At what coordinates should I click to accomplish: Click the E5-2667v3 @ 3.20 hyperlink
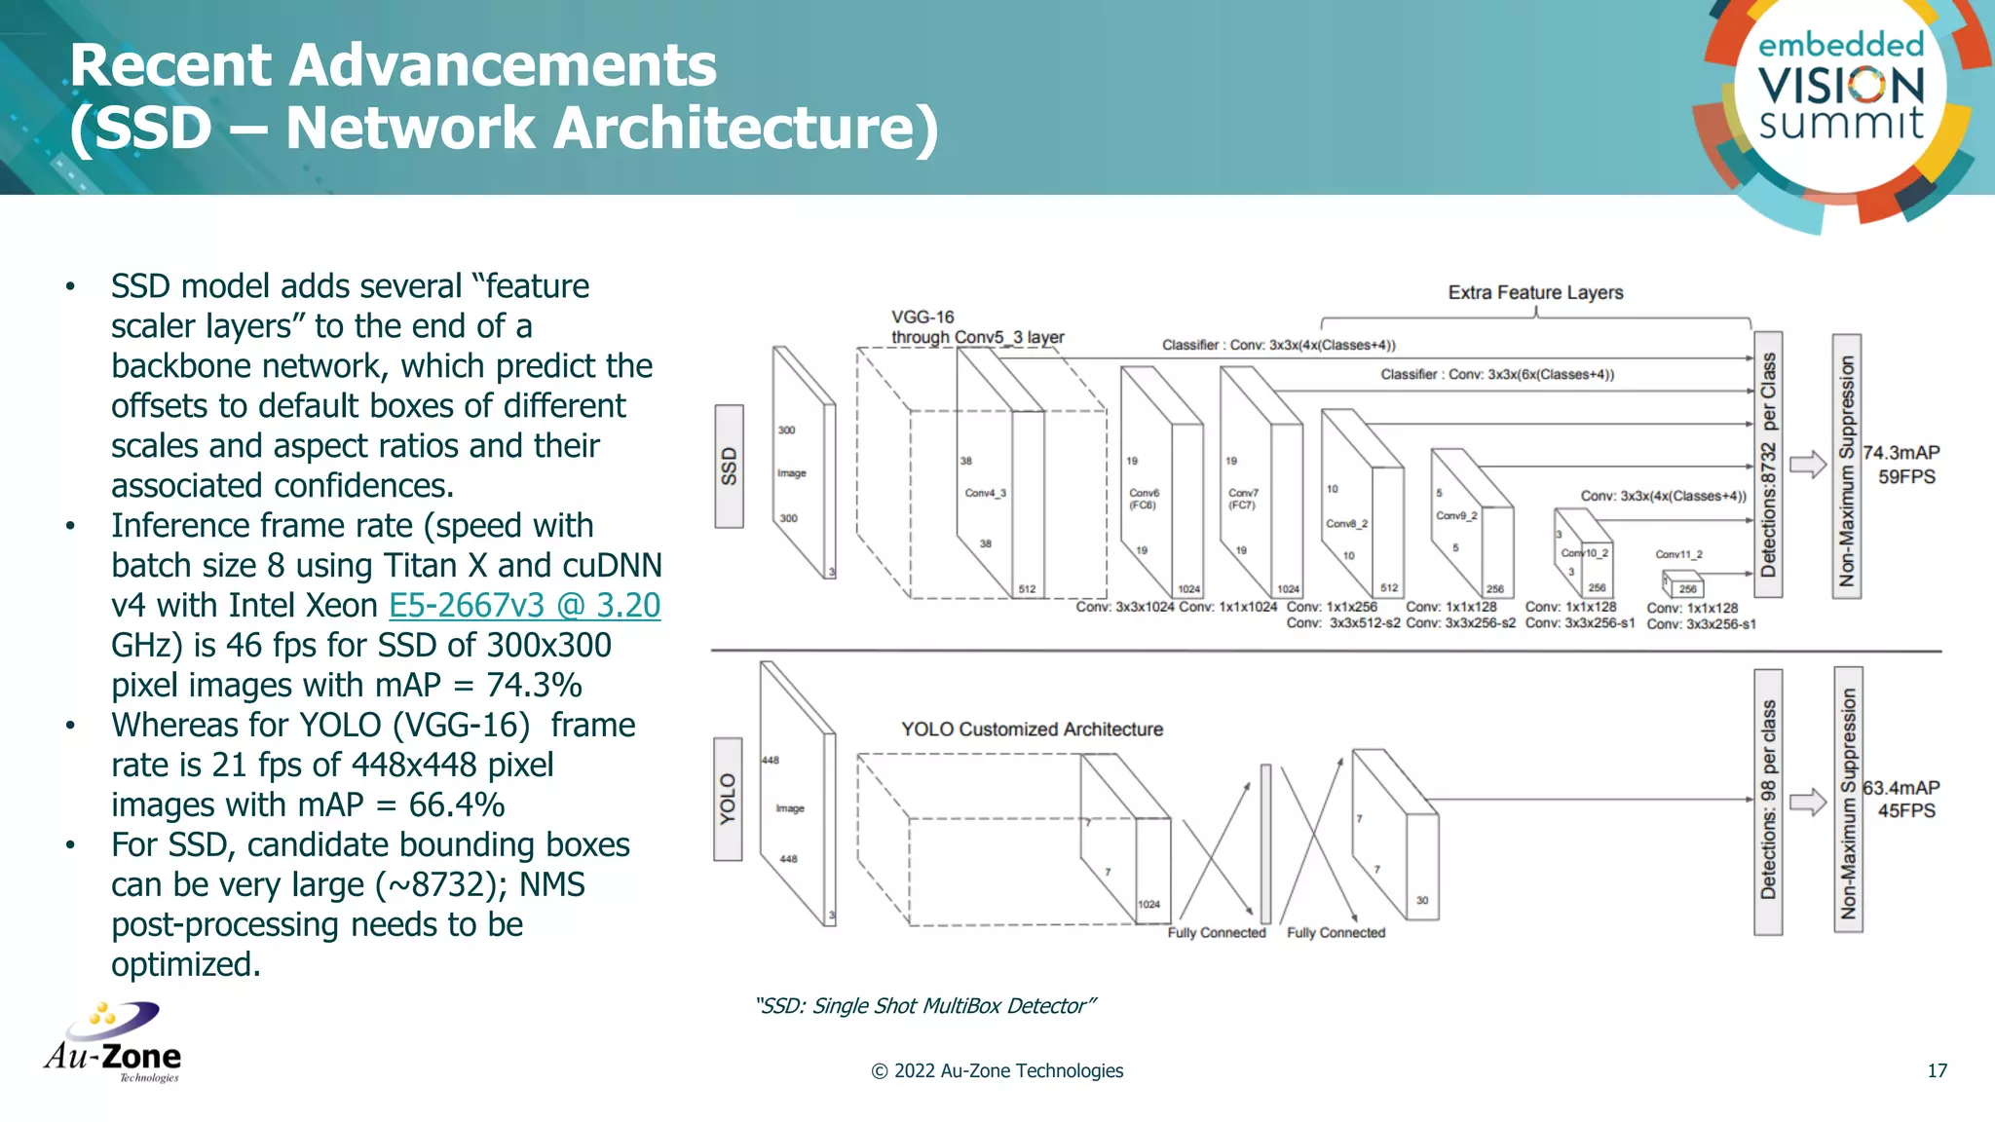(x=524, y=606)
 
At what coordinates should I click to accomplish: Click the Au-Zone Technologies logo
(x=113, y=1043)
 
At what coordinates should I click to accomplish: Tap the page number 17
(x=1937, y=1070)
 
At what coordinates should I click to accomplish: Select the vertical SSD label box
(x=729, y=467)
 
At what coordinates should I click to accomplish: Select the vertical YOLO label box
(x=728, y=800)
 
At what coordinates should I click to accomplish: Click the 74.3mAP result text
(x=1901, y=453)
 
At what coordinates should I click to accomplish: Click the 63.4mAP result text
(x=1901, y=787)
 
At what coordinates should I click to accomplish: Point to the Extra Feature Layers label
(x=1535, y=292)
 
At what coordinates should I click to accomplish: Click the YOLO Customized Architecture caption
(x=1032, y=729)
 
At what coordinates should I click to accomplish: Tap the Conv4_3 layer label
(x=985, y=493)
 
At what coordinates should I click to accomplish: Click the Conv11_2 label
(x=1678, y=554)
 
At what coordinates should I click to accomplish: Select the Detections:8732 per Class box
(x=1768, y=466)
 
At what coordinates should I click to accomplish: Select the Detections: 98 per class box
(x=1768, y=802)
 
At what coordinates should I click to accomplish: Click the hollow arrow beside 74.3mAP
(x=1808, y=465)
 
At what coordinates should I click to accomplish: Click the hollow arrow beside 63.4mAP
(x=1808, y=803)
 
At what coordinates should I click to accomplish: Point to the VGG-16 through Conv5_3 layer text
(x=977, y=327)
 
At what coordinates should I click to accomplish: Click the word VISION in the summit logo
(x=1841, y=86)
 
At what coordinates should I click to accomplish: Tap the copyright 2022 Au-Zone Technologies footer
(x=997, y=1070)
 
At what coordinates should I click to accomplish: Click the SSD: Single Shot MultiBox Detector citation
(x=924, y=1006)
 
